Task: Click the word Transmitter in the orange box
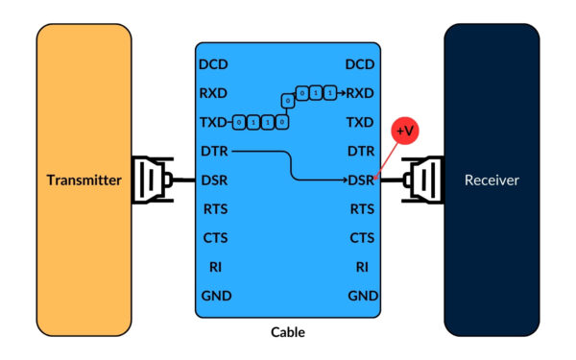pyautogui.click(x=84, y=180)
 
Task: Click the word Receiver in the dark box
pyautogui.click(x=492, y=180)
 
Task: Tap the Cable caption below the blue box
pyautogui.click(x=287, y=332)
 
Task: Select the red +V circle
pyautogui.click(x=405, y=130)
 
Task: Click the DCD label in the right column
pyautogui.click(x=360, y=65)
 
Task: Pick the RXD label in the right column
pyautogui.click(x=360, y=93)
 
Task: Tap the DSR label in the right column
pyautogui.click(x=361, y=180)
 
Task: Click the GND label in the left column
pyautogui.click(x=215, y=296)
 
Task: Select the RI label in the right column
pyautogui.click(x=361, y=267)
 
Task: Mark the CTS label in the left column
pyautogui.click(x=215, y=238)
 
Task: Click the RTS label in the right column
pyautogui.click(x=361, y=208)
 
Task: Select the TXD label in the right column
pyautogui.click(x=360, y=123)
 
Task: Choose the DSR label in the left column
pyautogui.click(x=215, y=180)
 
